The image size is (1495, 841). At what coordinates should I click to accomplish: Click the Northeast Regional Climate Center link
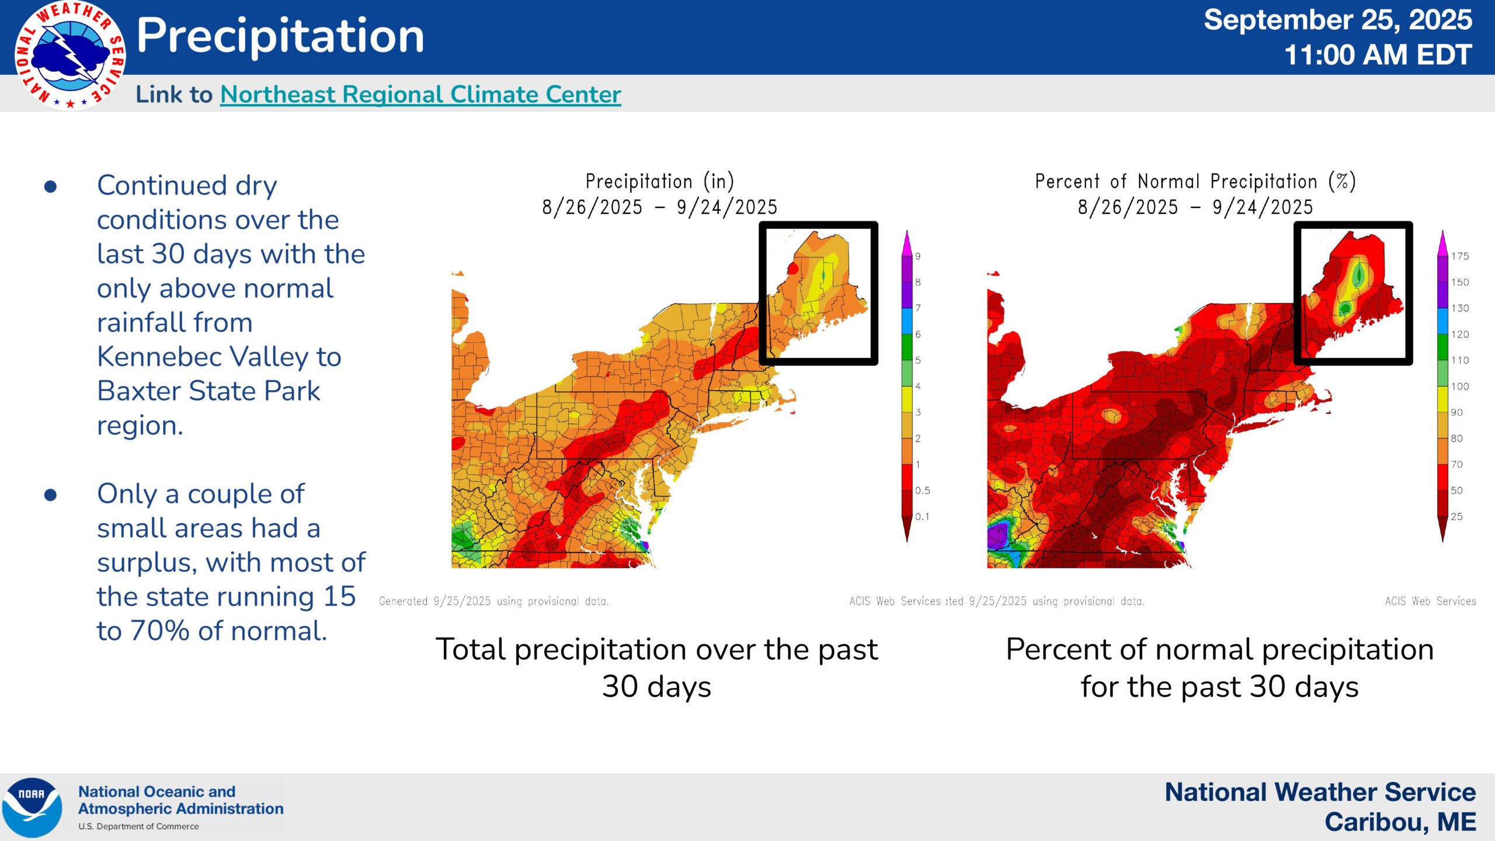click(420, 95)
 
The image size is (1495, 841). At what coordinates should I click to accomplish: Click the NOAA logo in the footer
click(32, 807)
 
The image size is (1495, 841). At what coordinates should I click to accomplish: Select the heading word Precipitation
click(280, 36)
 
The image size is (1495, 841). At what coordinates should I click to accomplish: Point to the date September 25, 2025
click(1337, 20)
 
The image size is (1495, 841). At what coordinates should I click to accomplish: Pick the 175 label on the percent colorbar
click(1460, 256)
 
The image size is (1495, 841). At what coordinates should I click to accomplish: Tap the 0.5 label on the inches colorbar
click(923, 491)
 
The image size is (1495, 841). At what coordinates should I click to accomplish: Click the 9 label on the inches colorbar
click(918, 256)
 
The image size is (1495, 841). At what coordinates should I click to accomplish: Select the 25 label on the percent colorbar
click(1457, 516)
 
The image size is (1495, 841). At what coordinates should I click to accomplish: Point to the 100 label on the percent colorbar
click(1460, 387)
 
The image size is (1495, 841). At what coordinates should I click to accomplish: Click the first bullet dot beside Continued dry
click(51, 187)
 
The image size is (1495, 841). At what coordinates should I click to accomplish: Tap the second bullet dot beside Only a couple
click(51, 495)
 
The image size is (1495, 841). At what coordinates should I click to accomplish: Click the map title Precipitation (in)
click(659, 182)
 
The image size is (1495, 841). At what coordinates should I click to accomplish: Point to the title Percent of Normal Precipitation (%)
click(1195, 182)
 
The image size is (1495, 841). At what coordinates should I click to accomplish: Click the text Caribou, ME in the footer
click(1400, 822)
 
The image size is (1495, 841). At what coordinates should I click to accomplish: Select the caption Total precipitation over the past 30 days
click(656, 667)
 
